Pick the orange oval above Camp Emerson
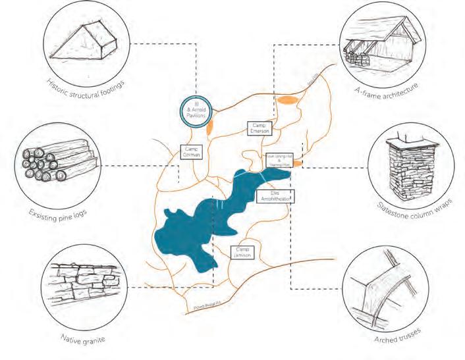[288, 100]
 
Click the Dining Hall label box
[279, 159]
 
